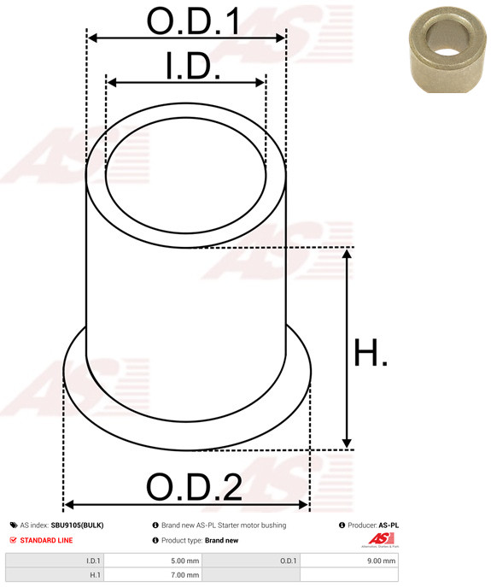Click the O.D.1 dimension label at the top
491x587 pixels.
coord(193,21)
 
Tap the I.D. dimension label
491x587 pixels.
coord(193,66)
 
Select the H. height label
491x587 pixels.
coord(370,352)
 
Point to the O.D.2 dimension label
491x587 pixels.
coord(194,487)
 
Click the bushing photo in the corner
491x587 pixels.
coord(447,50)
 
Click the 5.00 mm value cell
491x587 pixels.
coord(153,561)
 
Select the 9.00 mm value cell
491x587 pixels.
coord(349,561)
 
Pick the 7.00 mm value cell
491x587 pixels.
coord(153,575)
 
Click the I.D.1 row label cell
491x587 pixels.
coord(55,561)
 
